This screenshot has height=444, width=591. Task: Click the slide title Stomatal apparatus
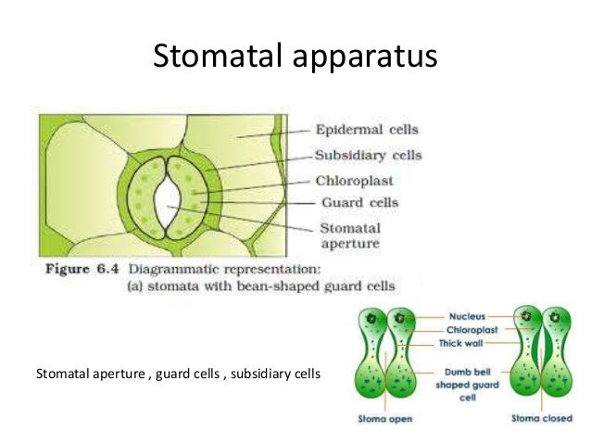[x=295, y=57]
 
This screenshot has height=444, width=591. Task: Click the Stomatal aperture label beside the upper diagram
[x=349, y=235]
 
